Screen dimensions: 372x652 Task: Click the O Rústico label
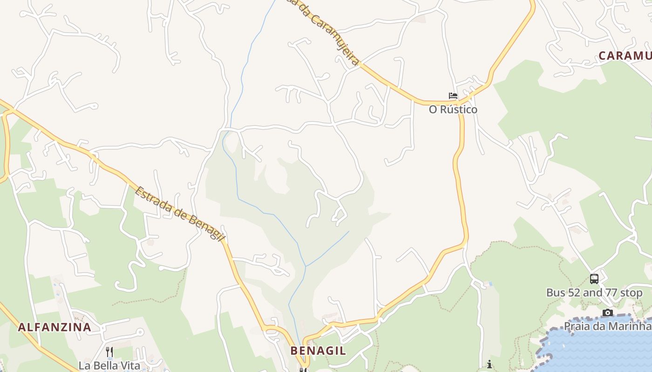tap(453, 110)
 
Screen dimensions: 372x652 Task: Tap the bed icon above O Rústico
tap(453, 96)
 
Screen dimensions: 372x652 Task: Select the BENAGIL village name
tap(318, 351)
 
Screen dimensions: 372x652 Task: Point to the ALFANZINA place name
tap(54, 327)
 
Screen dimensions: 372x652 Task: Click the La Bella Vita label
tap(109, 365)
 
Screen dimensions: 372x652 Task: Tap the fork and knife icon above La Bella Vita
tap(109, 352)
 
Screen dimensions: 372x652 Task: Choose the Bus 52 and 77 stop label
tap(594, 293)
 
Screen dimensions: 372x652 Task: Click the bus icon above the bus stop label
tap(594, 279)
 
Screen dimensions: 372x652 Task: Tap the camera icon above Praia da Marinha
tap(607, 312)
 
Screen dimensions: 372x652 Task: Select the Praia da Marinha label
tap(607, 325)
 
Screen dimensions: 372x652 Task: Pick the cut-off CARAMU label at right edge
tap(625, 56)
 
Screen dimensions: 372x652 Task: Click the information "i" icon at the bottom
tap(489, 365)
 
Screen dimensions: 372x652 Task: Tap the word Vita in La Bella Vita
tap(130, 365)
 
